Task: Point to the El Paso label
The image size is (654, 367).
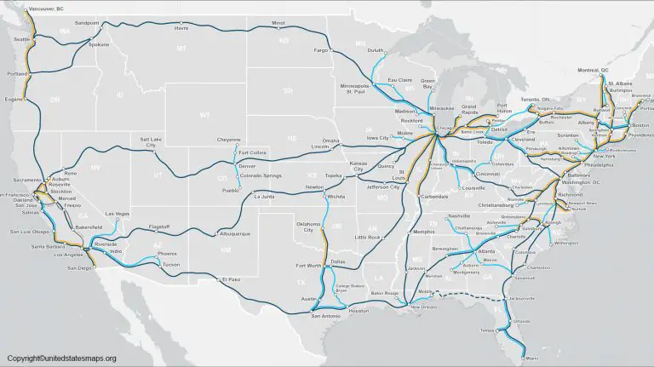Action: coord(231,279)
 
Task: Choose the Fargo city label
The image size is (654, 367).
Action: coord(320,50)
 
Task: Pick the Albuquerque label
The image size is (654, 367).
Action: coord(234,232)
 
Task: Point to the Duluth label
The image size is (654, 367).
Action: coord(376,51)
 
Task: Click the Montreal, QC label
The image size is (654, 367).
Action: coord(594,70)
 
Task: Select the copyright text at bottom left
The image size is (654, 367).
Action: coord(61,358)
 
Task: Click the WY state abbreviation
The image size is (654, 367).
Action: coord(204,114)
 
